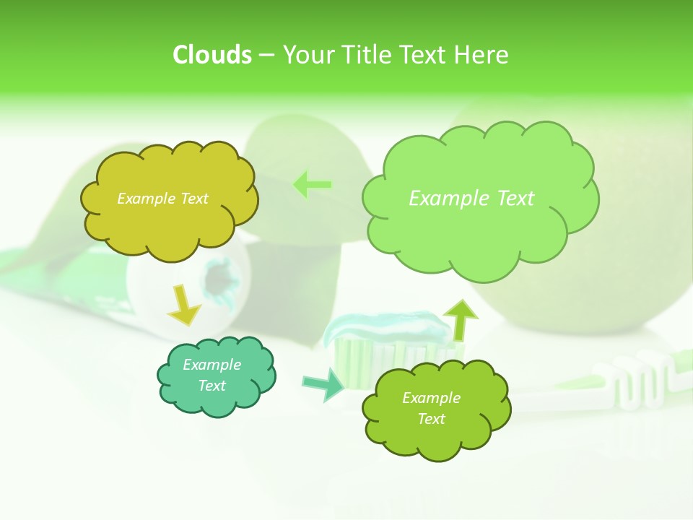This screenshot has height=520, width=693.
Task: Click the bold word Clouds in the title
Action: pos(212,55)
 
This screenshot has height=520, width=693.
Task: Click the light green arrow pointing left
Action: pos(312,185)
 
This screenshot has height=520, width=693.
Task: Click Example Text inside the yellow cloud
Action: pos(162,199)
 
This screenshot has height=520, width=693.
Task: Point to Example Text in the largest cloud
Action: pos(471,199)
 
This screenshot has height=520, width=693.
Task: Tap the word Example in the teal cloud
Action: pos(212,365)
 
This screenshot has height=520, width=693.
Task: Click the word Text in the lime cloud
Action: pos(431,419)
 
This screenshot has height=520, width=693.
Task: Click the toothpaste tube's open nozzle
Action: pos(220,278)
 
